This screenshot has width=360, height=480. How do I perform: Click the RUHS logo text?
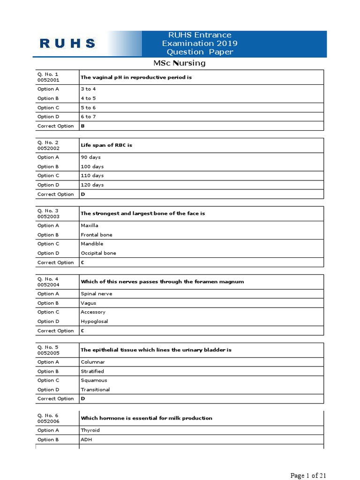point(67,44)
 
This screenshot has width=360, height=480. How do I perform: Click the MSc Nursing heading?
point(180,63)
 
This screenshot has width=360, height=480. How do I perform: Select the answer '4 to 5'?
point(88,98)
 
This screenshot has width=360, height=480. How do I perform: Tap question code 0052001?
point(48,80)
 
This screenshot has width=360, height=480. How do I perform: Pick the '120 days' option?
point(92,185)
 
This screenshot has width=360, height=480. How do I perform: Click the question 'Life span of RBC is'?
point(106,145)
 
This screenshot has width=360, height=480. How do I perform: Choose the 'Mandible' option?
point(92,244)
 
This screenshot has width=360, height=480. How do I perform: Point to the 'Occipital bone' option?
point(98,253)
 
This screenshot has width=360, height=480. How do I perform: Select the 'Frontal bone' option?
point(97,235)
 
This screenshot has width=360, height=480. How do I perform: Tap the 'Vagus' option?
point(89,303)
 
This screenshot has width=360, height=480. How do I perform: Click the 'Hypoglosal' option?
point(94,322)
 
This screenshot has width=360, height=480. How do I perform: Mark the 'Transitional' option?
point(95,390)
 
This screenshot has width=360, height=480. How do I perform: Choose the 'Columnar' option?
point(93,362)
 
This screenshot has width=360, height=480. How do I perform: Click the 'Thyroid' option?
point(90,430)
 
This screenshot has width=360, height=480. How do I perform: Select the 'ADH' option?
point(87,440)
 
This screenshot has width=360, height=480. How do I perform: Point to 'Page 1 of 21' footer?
point(308,476)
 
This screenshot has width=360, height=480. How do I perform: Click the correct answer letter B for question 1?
point(82,126)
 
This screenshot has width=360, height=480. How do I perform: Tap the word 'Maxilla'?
point(90,225)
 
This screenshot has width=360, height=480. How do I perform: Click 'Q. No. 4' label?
point(48,279)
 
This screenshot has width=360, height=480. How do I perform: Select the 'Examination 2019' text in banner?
point(200,43)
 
